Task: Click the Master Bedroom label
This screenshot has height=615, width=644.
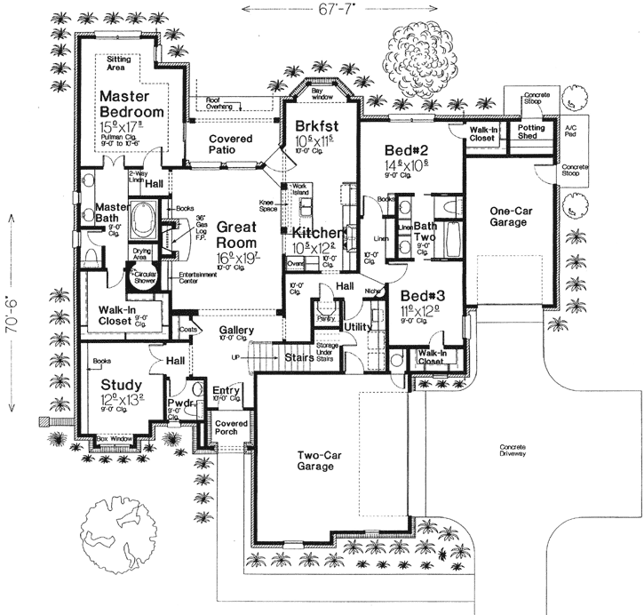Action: pos(131,103)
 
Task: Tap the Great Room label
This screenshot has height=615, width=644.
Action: pos(211,236)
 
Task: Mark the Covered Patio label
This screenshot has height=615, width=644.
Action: pos(230,145)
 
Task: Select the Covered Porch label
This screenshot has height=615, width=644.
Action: pos(232,429)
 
